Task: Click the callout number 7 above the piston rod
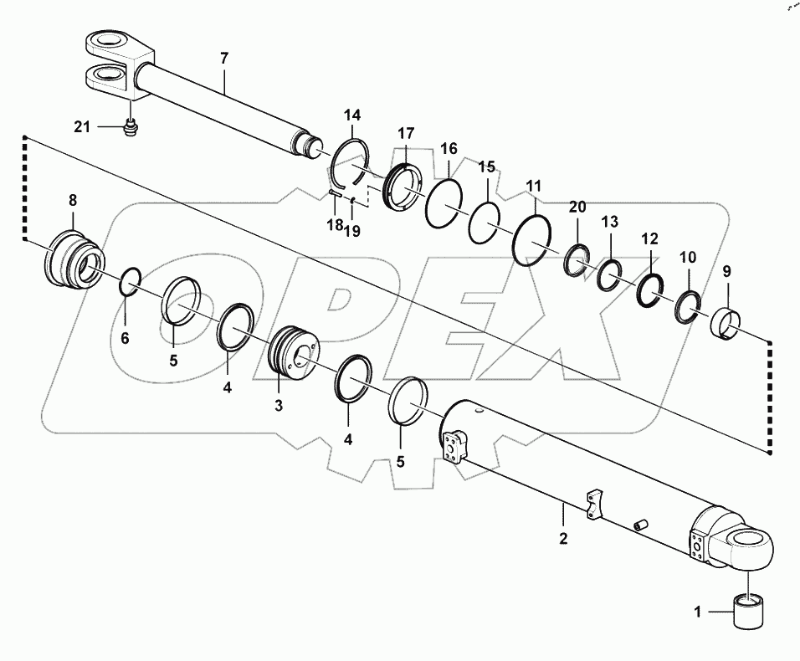tap(223, 59)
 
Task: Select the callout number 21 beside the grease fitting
tap(81, 126)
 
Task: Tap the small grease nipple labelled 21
tap(129, 127)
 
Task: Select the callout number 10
tap(687, 258)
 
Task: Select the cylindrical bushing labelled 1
tap(749, 612)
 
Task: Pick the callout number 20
tap(577, 207)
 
